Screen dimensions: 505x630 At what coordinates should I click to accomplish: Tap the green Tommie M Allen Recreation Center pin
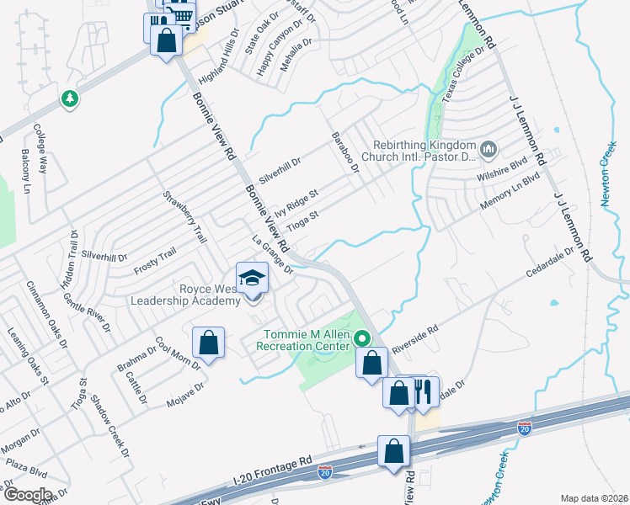pos(363,340)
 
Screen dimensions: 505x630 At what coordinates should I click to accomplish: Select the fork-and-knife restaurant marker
pos(424,391)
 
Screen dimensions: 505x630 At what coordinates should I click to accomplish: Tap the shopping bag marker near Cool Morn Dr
pos(208,343)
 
